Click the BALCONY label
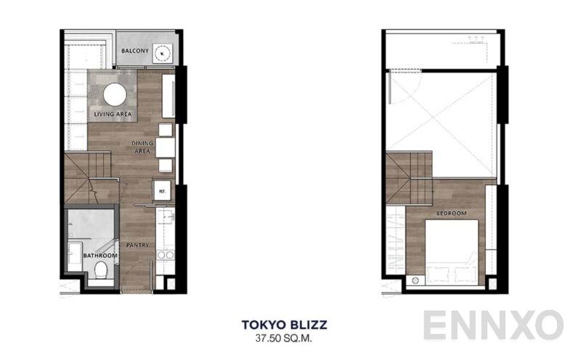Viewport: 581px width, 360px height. point(135,52)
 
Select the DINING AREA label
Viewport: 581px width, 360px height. point(142,147)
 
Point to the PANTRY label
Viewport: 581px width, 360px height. point(138,245)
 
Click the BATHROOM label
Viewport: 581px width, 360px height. point(100,255)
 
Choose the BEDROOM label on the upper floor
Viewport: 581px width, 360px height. point(451,214)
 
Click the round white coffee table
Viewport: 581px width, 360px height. point(114,95)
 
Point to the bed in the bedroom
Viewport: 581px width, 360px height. point(451,250)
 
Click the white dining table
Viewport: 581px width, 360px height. point(165,147)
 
